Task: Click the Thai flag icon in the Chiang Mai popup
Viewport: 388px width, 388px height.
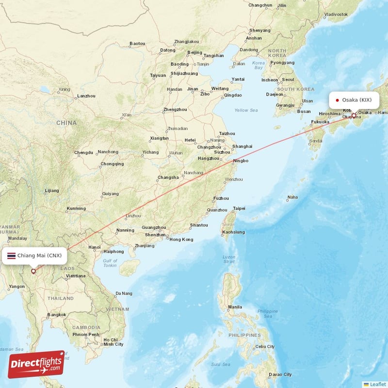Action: tap(11, 255)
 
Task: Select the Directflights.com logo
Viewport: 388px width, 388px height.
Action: tap(36, 364)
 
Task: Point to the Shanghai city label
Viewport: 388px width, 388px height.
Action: tap(242, 146)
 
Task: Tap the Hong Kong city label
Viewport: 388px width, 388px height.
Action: tap(181, 240)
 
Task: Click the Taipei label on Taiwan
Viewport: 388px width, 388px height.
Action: tap(239, 209)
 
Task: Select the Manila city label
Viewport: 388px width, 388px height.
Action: tap(235, 307)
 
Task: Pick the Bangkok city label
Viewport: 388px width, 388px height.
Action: tap(57, 315)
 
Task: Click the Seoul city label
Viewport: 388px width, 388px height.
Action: tap(288, 80)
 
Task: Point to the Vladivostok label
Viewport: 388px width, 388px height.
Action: tap(336, 14)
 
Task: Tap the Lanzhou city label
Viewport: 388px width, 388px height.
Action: tap(86, 96)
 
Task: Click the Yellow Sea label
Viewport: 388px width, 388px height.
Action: tap(246, 110)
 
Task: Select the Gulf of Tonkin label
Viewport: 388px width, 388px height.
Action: tap(110, 263)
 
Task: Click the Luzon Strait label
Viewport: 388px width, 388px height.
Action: tap(228, 259)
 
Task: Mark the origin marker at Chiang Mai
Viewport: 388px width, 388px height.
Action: tap(33, 271)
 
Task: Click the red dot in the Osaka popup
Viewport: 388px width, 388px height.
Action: tap(337, 100)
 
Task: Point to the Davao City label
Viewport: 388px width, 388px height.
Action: tap(281, 374)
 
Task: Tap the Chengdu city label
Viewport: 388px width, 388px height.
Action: tap(83, 152)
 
